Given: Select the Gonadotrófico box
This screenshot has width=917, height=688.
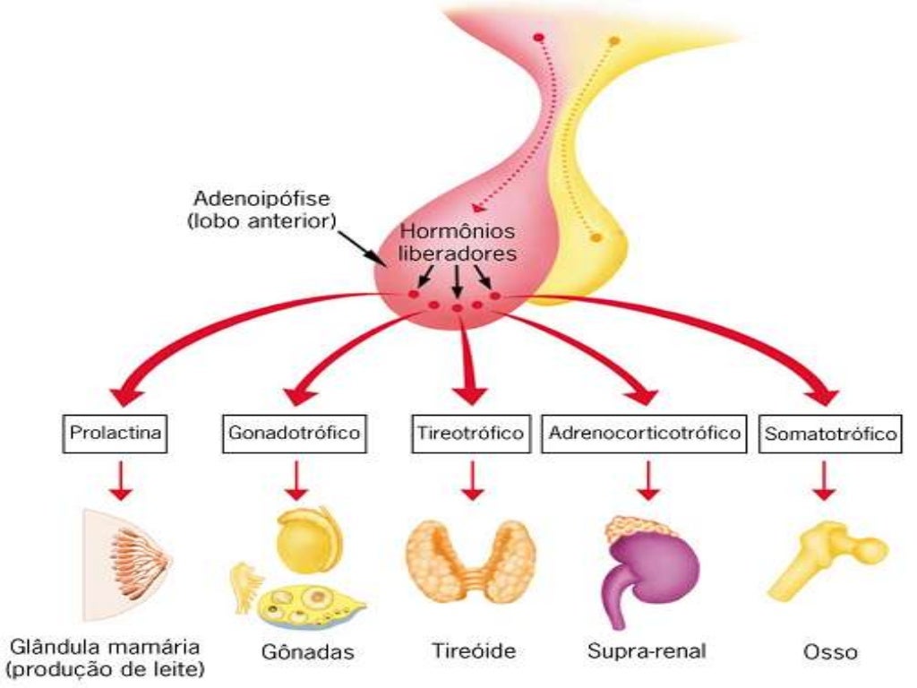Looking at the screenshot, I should [x=294, y=434].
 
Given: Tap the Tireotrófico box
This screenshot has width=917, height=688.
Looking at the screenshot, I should [x=469, y=434].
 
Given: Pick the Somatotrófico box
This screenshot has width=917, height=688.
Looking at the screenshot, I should [x=829, y=435].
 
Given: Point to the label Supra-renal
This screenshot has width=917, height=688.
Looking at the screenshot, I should [x=647, y=650].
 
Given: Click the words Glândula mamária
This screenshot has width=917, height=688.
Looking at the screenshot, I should [x=106, y=646].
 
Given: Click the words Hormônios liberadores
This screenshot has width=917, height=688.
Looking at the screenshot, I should [x=457, y=242].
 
